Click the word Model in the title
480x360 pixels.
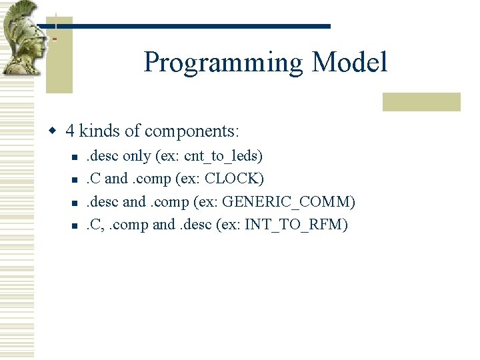click(349, 63)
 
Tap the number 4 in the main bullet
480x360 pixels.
click(70, 131)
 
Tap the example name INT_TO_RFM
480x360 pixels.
click(295, 225)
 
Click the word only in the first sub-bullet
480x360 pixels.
click(137, 157)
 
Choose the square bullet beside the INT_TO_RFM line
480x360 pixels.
click(75, 225)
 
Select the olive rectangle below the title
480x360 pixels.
click(421, 101)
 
